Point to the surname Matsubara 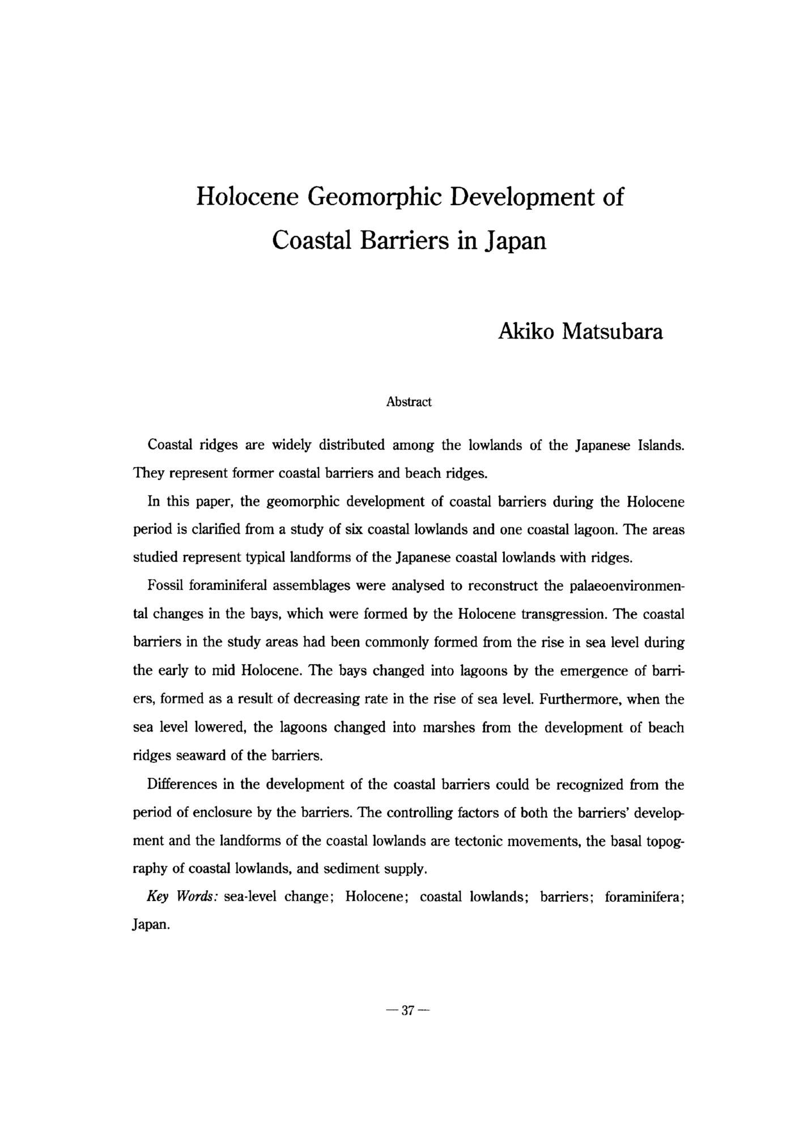coord(612,332)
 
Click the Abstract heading coord(409,402)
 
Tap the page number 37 coord(408,1010)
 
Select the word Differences coord(181,784)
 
